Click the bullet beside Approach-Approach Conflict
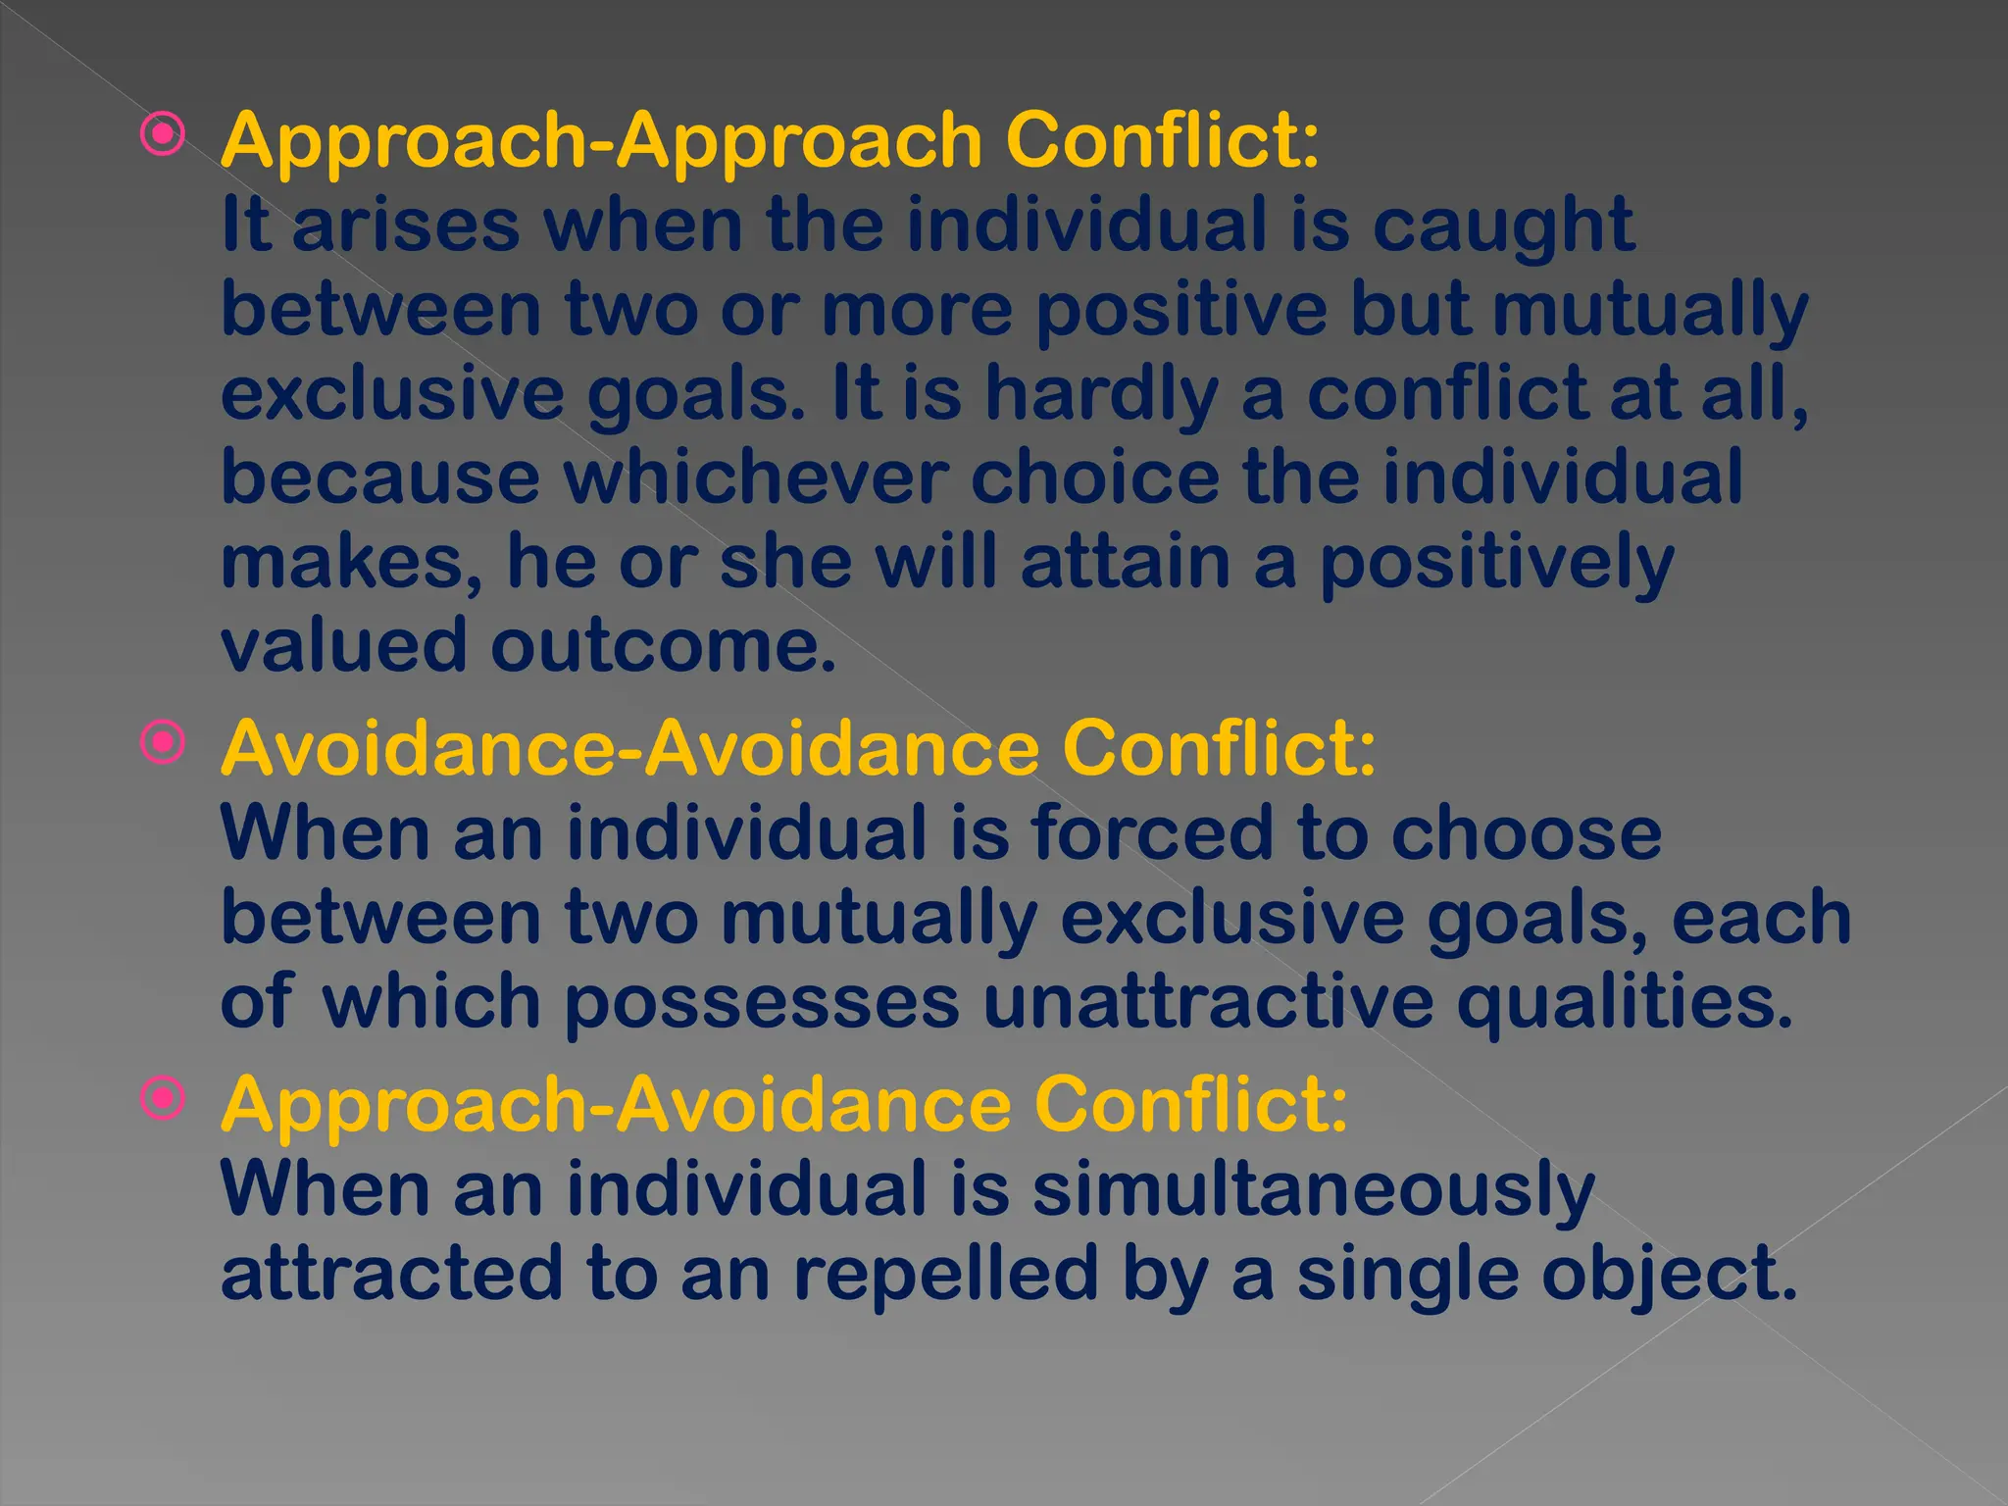tap(162, 134)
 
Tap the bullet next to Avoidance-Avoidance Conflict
tap(162, 742)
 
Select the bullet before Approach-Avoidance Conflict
tap(162, 1099)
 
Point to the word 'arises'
tap(406, 226)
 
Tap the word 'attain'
tap(1125, 563)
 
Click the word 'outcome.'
tap(663, 647)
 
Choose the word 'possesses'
tap(762, 1004)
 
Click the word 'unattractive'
tap(1208, 1002)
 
